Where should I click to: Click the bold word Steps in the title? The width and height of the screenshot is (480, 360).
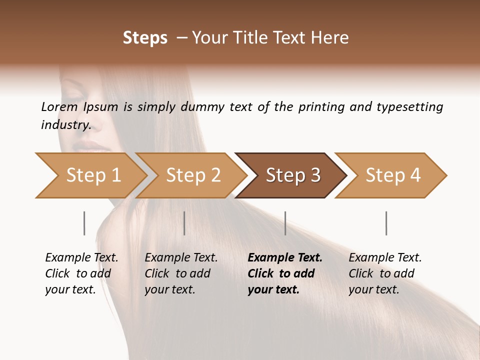145,38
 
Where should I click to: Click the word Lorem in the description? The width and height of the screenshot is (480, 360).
59,107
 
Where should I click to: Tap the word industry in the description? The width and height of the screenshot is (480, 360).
66,125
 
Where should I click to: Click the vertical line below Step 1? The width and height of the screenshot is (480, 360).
84,223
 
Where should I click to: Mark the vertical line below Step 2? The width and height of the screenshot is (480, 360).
184,223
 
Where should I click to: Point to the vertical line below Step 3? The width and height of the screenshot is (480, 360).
285,223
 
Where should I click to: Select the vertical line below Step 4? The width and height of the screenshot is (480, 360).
386,223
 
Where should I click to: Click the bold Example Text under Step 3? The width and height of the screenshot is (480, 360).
285,258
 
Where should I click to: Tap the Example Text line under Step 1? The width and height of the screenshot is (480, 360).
81,258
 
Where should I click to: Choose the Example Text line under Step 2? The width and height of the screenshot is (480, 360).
181,258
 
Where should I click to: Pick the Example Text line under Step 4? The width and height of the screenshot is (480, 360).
385,258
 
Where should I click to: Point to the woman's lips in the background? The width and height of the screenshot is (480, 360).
92,146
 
